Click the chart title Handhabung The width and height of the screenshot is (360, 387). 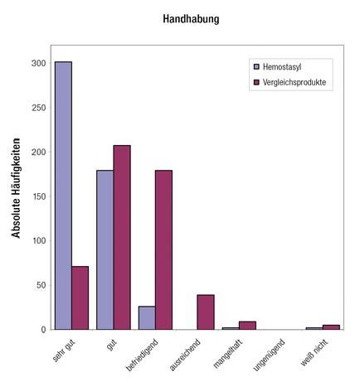click(191, 19)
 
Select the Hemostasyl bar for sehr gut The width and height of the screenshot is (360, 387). click(63, 196)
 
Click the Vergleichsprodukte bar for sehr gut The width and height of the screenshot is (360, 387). click(80, 298)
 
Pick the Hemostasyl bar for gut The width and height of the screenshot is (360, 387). click(105, 249)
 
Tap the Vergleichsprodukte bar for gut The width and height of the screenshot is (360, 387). click(122, 237)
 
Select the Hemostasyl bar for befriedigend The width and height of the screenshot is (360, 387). click(147, 317)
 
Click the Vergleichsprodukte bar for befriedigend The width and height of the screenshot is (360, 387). click(163, 249)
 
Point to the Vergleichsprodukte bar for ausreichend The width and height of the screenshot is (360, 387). click(206, 312)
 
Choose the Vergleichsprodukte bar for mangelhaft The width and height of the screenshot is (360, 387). click(247, 326)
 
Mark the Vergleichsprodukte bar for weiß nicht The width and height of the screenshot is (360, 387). click(331, 327)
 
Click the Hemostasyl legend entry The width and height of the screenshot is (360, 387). click(278, 67)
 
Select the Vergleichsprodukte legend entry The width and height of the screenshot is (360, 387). click(290, 82)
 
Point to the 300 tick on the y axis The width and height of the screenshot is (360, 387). click(39, 63)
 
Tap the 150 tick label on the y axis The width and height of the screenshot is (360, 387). click(39, 196)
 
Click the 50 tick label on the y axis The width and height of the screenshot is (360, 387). click(41, 285)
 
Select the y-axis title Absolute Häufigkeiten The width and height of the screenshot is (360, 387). click(16, 188)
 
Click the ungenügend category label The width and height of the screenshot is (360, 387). click(269, 355)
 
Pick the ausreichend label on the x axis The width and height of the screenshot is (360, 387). click(185, 355)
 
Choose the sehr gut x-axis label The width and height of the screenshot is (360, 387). click(63, 351)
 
